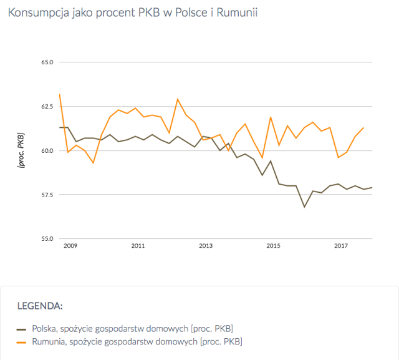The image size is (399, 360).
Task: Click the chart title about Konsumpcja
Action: point(133,12)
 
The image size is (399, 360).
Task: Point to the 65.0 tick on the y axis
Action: point(47,62)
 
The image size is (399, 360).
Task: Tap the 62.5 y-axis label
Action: point(47,107)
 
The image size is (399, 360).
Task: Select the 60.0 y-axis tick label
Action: point(47,151)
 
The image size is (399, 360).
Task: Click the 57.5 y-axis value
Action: point(47,195)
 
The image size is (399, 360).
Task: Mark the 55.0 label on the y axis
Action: point(47,239)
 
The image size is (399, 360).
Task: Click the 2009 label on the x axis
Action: point(70,246)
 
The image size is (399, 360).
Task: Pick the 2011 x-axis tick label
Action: point(138,246)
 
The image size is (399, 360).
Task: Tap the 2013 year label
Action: point(206,246)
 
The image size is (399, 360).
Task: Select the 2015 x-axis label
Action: point(273,246)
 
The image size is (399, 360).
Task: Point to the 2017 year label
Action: point(341,246)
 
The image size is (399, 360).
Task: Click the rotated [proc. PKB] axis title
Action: point(21,150)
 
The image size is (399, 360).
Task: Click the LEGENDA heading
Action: point(40,306)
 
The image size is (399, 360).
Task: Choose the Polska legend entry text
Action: point(133,329)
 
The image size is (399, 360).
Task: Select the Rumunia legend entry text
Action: point(137,342)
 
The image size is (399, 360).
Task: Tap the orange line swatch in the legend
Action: point(21,343)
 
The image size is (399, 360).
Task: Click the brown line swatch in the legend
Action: point(21,329)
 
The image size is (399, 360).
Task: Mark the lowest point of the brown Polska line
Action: point(304,207)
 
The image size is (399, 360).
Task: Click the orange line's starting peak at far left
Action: point(60,94)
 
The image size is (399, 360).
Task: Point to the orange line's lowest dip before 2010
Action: point(94,163)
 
